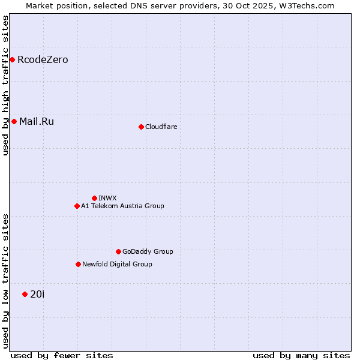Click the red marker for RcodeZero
click(12, 59)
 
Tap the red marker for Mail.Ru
click(14, 121)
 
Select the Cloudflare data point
click(141, 127)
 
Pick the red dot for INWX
click(94, 198)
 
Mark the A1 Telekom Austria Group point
click(77, 206)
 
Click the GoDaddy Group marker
click(118, 251)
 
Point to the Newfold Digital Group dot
click(78, 264)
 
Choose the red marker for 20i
click(25, 294)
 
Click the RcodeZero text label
click(43, 60)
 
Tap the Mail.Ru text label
click(37, 122)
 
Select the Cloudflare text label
click(161, 127)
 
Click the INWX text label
click(107, 198)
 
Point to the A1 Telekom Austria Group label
click(122, 206)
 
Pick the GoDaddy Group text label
click(148, 251)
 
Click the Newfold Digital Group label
click(117, 264)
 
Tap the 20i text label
click(37, 294)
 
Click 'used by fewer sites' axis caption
click(62, 355)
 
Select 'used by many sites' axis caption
click(301, 355)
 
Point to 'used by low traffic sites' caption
click(6, 281)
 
